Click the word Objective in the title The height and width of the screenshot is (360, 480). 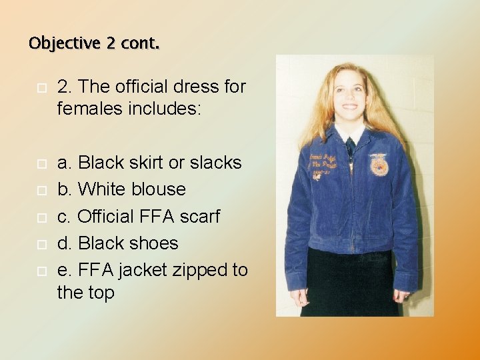point(63,43)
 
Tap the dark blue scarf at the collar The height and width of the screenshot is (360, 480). point(350,147)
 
